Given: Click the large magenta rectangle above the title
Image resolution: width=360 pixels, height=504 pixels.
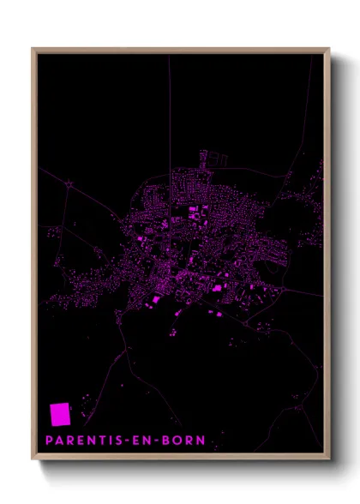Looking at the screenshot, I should click(59, 416).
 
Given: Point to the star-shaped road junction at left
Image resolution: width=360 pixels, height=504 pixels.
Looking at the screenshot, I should click(67, 181).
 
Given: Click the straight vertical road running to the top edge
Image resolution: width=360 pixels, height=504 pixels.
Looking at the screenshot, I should click(171, 103).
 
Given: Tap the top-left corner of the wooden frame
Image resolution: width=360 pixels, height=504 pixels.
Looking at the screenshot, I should click(33, 49).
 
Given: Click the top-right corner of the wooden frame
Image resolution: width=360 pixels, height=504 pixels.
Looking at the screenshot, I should click(328, 49).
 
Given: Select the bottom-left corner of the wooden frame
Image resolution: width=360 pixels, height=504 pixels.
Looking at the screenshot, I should click(33, 459).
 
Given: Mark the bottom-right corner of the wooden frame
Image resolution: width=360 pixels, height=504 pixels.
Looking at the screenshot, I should click(328, 459).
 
